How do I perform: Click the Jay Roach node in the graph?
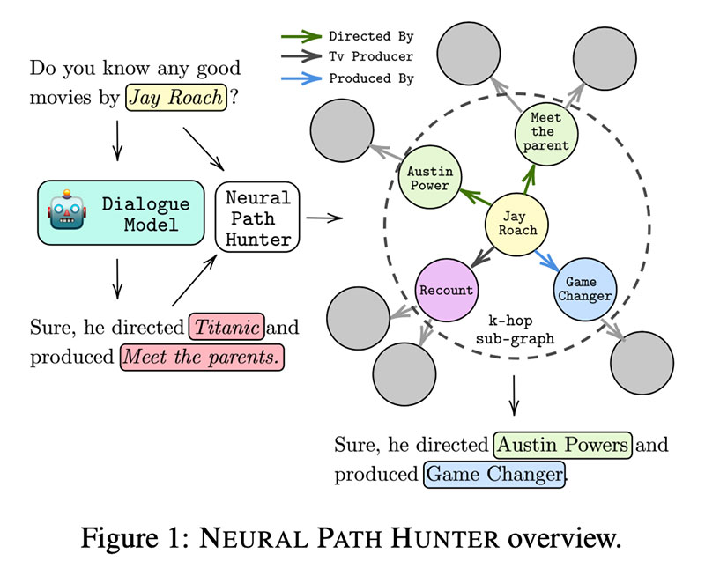tap(516, 223)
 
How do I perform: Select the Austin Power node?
tap(429, 179)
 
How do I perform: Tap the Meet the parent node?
tap(546, 132)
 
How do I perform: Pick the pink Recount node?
tap(447, 290)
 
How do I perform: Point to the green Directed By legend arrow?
tap(301, 37)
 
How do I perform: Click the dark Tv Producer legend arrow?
tap(301, 57)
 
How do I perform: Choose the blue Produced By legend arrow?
tap(301, 78)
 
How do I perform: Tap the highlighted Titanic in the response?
tap(226, 329)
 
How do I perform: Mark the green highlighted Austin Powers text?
tap(563, 444)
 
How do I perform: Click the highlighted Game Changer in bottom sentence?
tap(493, 474)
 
